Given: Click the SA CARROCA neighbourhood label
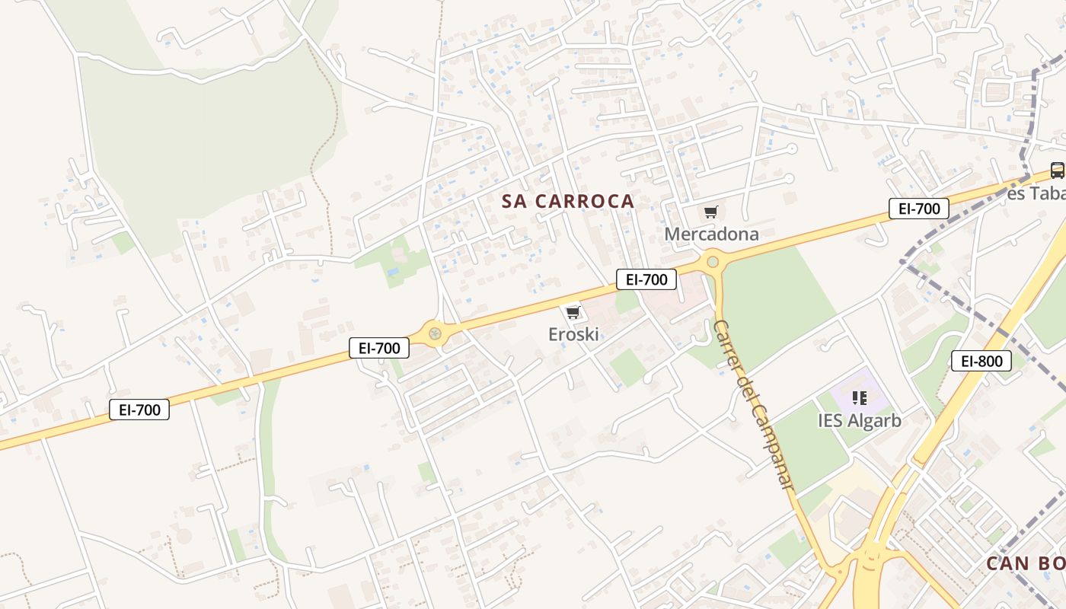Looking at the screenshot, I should click(568, 201).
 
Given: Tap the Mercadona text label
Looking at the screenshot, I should click(711, 234).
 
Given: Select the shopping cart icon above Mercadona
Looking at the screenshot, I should click(710, 212).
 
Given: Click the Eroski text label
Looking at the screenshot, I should click(573, 333).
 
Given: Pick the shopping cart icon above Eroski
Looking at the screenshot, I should click(573, 312).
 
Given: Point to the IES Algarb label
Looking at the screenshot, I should click(860, 420).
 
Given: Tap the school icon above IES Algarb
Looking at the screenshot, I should click(860, 397).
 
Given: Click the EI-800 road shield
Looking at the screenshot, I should click(981, 361).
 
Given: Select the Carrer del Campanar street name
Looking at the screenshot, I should click(755, 403).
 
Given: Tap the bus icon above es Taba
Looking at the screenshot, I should click(1057, 171).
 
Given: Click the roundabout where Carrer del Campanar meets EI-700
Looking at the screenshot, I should click(713, 262).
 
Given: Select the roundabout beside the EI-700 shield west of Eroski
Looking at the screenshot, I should click(435, 333).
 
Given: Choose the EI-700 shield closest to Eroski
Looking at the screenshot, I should click(646, 279).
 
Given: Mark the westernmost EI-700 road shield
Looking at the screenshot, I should click(139, 410).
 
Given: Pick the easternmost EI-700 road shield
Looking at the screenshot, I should click(918, 209).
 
